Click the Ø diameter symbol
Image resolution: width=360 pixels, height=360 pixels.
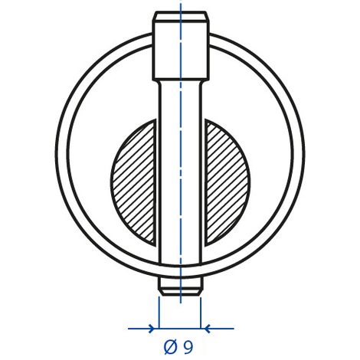[x=170, y=347]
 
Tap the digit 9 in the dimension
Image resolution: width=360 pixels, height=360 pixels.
[x=188, y=347]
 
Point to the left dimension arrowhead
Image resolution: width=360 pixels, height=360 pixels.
[x=154, y=329]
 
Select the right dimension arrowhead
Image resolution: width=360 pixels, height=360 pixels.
[x=205, y=329]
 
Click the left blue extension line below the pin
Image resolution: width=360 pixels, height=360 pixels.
[x=159, y=310]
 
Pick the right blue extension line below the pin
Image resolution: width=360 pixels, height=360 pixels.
[x=201, y=310]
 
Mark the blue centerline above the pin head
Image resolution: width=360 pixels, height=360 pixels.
[x=181, y=6]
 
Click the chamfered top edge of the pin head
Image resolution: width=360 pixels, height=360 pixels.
[x=180, y=15]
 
